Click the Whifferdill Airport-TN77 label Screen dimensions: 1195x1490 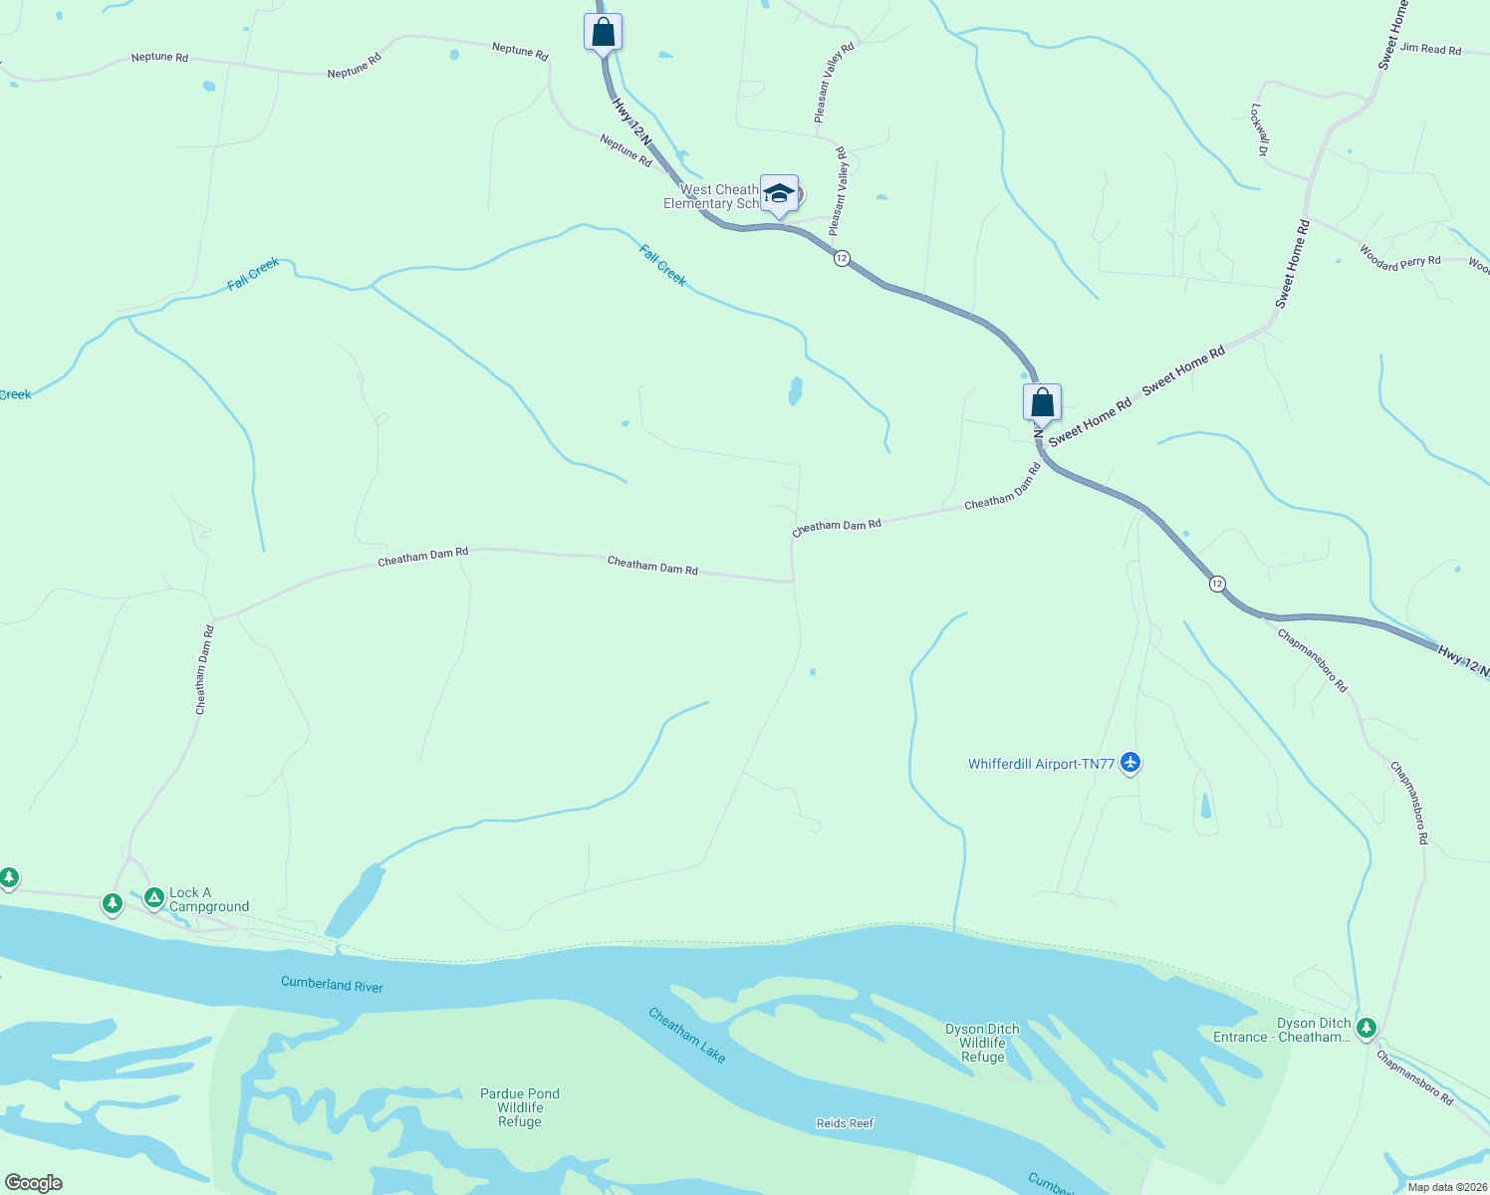point(1041,765)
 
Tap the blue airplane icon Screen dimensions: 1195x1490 point(1129,763)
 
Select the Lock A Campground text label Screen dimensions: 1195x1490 point(209,900)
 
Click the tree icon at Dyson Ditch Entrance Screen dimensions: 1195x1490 point(1366,1027)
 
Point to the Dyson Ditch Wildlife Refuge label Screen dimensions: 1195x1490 point(982,1043)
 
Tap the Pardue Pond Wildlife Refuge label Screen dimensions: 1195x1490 point(520,1107)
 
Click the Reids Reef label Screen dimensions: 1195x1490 point(845,1123)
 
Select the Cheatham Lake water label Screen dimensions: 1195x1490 point(687,1035)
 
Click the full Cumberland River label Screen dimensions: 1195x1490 point(332,984)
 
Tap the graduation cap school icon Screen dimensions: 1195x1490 point(779,193)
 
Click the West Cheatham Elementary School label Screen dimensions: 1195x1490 point(712,197)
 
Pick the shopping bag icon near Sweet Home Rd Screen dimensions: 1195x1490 point(1042,402)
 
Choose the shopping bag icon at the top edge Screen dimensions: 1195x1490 point(603,32)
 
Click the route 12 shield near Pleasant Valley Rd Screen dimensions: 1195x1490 point(842,258)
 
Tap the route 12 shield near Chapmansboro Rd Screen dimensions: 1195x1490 point(1217,584)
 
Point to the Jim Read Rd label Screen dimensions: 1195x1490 point(1430,49)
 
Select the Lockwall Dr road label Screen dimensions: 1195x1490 point(1259,130)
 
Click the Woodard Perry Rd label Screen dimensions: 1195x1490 point(1399,258)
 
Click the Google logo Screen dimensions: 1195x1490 point(33,1183)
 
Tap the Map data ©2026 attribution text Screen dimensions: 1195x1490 point(1446,1187)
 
